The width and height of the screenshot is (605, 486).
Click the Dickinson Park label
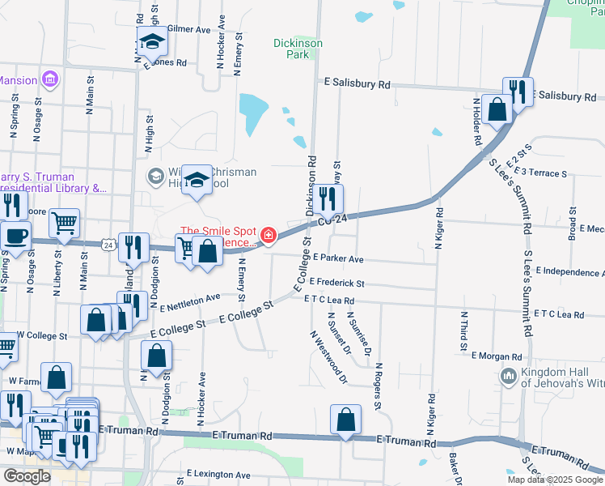pyautogui.click(x=298, y=49)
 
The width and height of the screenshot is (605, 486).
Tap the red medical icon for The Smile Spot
pyautogui.click(x=268, y=235)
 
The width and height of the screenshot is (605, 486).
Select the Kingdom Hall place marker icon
pyautogui.click(x=508, y=375)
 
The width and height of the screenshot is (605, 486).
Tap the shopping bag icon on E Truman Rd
pyautogui.click(x=345, y=420)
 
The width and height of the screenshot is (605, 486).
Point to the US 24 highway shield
pyautogui.click(x=108, y=243)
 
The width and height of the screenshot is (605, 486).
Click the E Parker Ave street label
pyautogui.click(x=338, y=259)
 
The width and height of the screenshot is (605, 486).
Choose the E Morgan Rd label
pyautogui.click(x=497, y=356)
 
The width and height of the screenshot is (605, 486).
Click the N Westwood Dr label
pyautogui.click(x=327, y=356)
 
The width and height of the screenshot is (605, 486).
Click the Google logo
pyautogui.click(x=27, y=476)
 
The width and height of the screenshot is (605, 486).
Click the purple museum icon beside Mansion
pyautogui.click(x=50, y=79)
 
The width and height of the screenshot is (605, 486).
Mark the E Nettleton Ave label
pyautogui.click(x=191, y=302)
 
